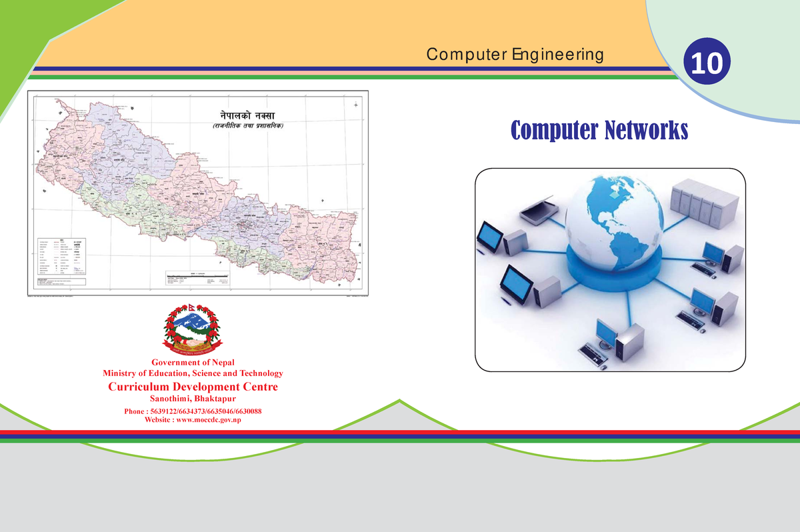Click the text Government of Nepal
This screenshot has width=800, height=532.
pyautogui.click(x=191, y=363)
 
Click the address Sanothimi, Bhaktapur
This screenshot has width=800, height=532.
pyautogui.click(x=192, y=399)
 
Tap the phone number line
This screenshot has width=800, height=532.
pyautogui.click(x=192, y=411)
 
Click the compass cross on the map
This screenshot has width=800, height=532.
pyautogui.click(x=357, y=105)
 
